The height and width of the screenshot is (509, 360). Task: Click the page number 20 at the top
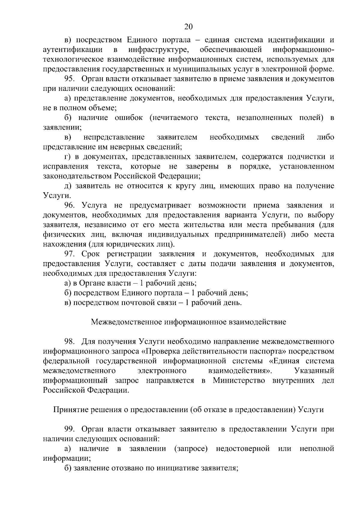188,27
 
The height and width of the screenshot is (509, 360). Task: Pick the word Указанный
314,371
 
